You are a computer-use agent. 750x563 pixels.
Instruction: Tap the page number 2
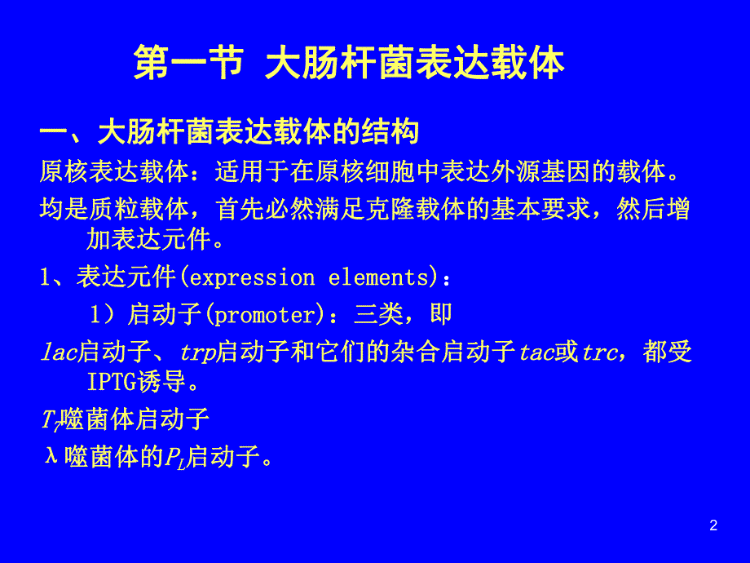(714, 525)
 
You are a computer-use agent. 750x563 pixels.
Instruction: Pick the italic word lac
(58, 352)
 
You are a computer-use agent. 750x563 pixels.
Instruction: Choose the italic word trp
(198, 352)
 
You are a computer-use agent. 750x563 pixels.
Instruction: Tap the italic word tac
(536, 352)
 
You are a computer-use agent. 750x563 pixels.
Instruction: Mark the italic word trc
(599, 352)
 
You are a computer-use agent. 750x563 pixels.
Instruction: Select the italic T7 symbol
(50, 421)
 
